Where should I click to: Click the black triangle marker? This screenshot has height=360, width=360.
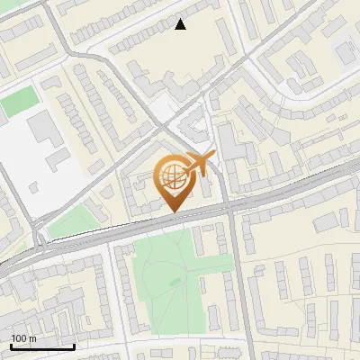pos(181,24)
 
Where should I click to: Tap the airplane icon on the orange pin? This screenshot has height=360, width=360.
pos(201,164)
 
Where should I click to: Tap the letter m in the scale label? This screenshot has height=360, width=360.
pos(33,338)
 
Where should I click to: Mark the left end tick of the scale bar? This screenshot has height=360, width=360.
pos(11,346)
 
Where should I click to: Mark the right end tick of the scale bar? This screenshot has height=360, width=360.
pos(74,346)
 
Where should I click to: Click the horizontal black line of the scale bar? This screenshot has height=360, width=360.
pos(42,346)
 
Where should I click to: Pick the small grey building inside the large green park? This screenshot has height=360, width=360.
pos(175,283)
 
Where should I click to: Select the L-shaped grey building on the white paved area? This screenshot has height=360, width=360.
pos(57,162)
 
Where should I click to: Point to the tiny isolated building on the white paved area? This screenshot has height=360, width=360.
pos(33,187)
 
